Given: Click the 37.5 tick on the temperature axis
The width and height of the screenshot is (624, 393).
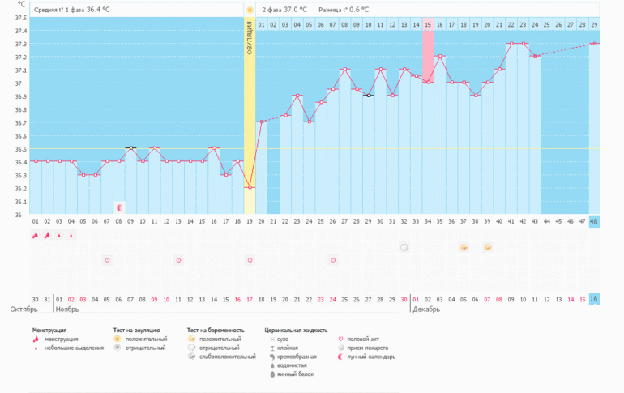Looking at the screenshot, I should [20, 18].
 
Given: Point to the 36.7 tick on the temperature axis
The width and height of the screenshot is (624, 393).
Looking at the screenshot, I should [20, 122].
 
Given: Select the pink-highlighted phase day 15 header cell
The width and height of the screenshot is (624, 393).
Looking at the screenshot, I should [428, 25].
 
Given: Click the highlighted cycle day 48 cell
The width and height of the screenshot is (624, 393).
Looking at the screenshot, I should [594, 221].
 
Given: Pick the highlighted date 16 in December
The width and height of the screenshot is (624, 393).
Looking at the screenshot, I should [594, 299].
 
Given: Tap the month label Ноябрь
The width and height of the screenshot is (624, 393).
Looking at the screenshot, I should [66, 310].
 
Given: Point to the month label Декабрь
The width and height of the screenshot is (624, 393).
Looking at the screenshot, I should [426, 310].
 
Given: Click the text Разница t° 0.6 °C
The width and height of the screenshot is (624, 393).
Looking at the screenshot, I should [344, 10].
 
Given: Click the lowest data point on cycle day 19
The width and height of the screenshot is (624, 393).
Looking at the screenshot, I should [250, 187].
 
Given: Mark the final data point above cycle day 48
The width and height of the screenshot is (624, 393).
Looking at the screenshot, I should [594, 44].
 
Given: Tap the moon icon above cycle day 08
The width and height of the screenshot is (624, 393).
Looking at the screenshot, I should [119, 207].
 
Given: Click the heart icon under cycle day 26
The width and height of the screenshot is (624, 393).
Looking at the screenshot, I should [332, 260].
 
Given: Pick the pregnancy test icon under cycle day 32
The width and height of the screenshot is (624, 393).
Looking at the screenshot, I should [404, 246].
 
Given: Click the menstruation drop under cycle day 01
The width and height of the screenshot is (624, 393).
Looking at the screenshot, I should [35, 235].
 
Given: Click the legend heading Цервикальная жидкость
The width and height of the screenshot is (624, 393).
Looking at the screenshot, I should [296, 331].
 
